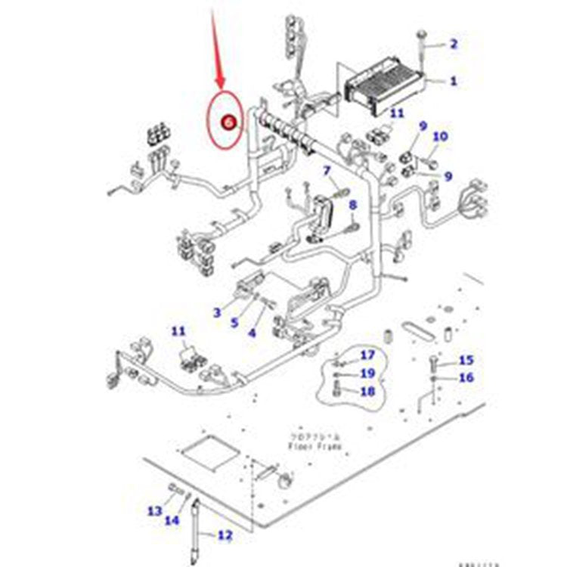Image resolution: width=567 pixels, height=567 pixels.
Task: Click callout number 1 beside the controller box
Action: coord(454,80)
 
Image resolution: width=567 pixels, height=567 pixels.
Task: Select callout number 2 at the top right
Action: coord(454,44)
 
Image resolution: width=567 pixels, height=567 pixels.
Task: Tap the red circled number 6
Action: coord(226,121)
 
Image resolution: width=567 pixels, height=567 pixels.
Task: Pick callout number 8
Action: coord(352,205)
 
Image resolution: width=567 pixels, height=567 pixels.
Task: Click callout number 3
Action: coord(217,311)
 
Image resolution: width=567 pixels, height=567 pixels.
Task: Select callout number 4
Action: coord(252,332)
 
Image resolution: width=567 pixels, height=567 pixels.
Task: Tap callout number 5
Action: coord(234,322)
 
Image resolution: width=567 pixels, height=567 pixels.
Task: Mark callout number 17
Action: coord(367,355)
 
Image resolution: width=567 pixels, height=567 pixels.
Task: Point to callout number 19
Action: coord(367,373)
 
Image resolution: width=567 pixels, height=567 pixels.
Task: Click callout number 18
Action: coord(367,392)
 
